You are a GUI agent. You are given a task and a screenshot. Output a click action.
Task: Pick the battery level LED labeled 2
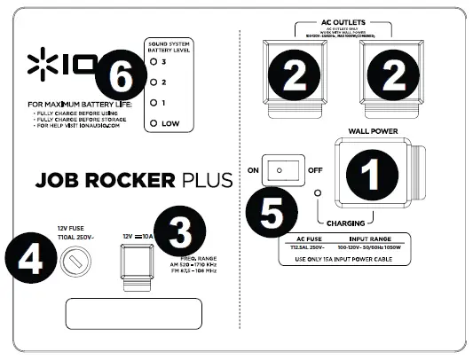click(x=154, y=82)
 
